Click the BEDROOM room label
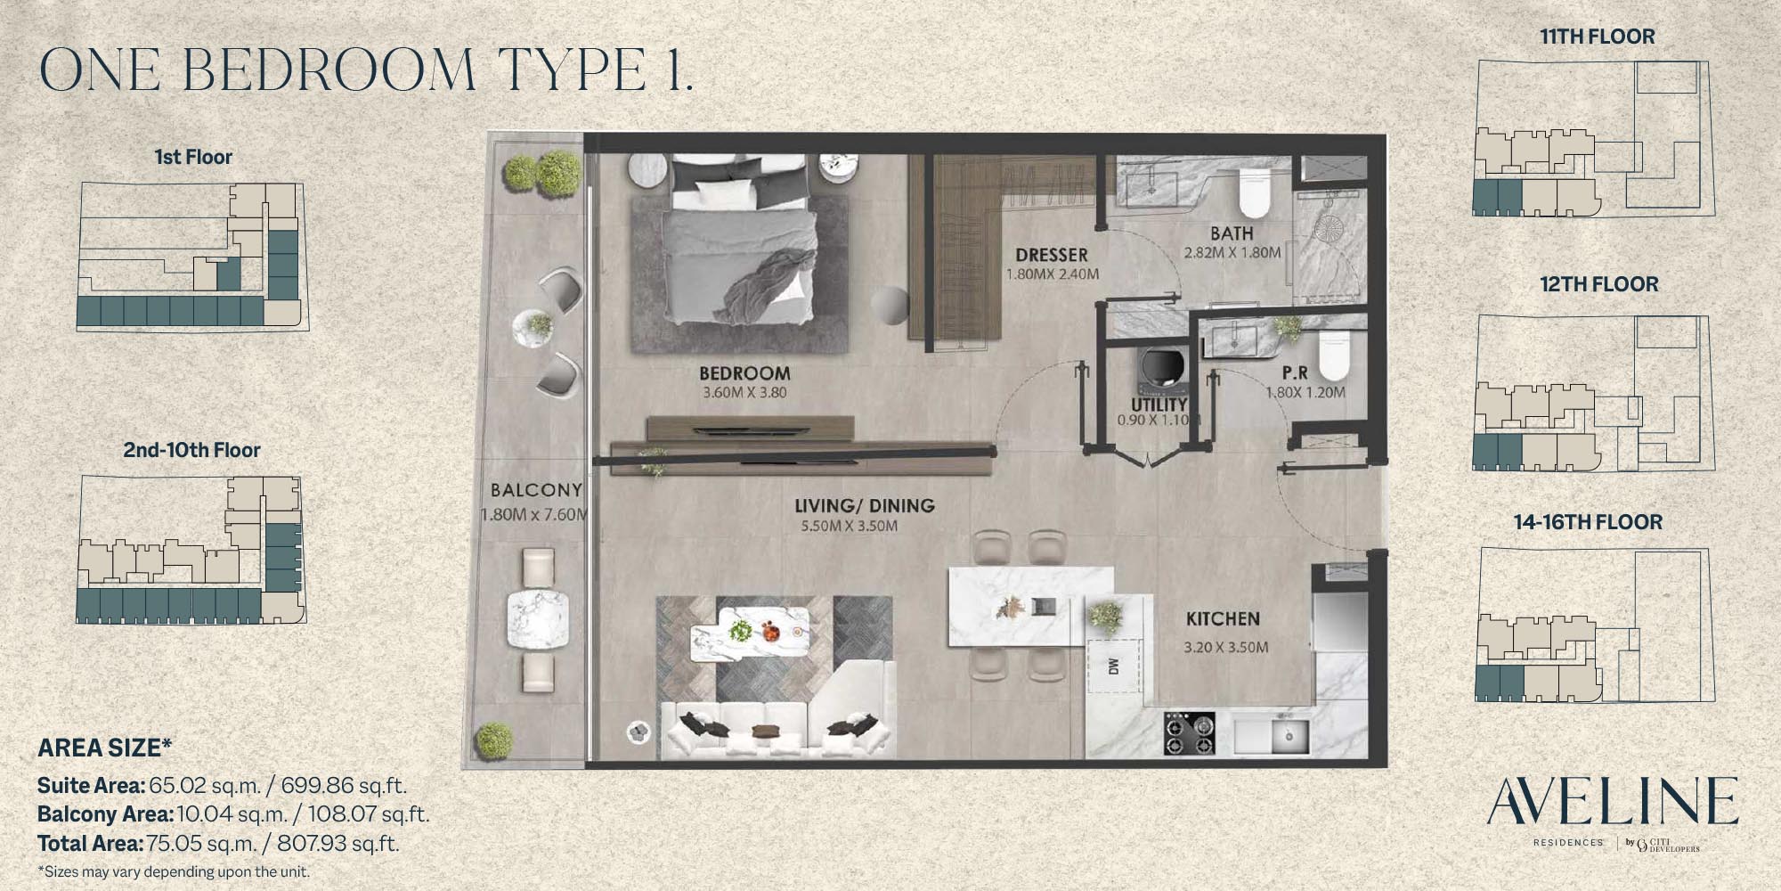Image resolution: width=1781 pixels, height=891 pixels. tap(744, 373)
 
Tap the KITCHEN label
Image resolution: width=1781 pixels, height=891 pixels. tap(1223, 618)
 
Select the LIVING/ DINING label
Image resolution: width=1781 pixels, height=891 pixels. tap(865, 505)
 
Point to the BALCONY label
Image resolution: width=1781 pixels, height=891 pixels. tap(536, 489)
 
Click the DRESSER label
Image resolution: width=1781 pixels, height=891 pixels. tap(1052, 255)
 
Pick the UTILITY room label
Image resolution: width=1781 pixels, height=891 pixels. tap(1159, 404)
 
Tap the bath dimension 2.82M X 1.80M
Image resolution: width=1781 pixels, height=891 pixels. tap(1232, 252)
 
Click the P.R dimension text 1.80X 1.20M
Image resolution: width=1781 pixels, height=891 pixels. tap(1305, 392)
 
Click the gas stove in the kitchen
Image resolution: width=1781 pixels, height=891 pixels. tap(1190, 733)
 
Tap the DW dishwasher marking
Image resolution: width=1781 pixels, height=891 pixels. tap(1113, 666)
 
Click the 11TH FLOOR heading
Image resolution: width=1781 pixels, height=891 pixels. tap(1598, 37)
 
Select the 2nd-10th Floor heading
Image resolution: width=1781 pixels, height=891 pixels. tap(191, 450)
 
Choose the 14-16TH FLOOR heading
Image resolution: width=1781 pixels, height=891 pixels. tap(1588, 522)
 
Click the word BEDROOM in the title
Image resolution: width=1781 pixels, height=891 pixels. tap(329, 69)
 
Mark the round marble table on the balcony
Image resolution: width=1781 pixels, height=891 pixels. tap(537, 620)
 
